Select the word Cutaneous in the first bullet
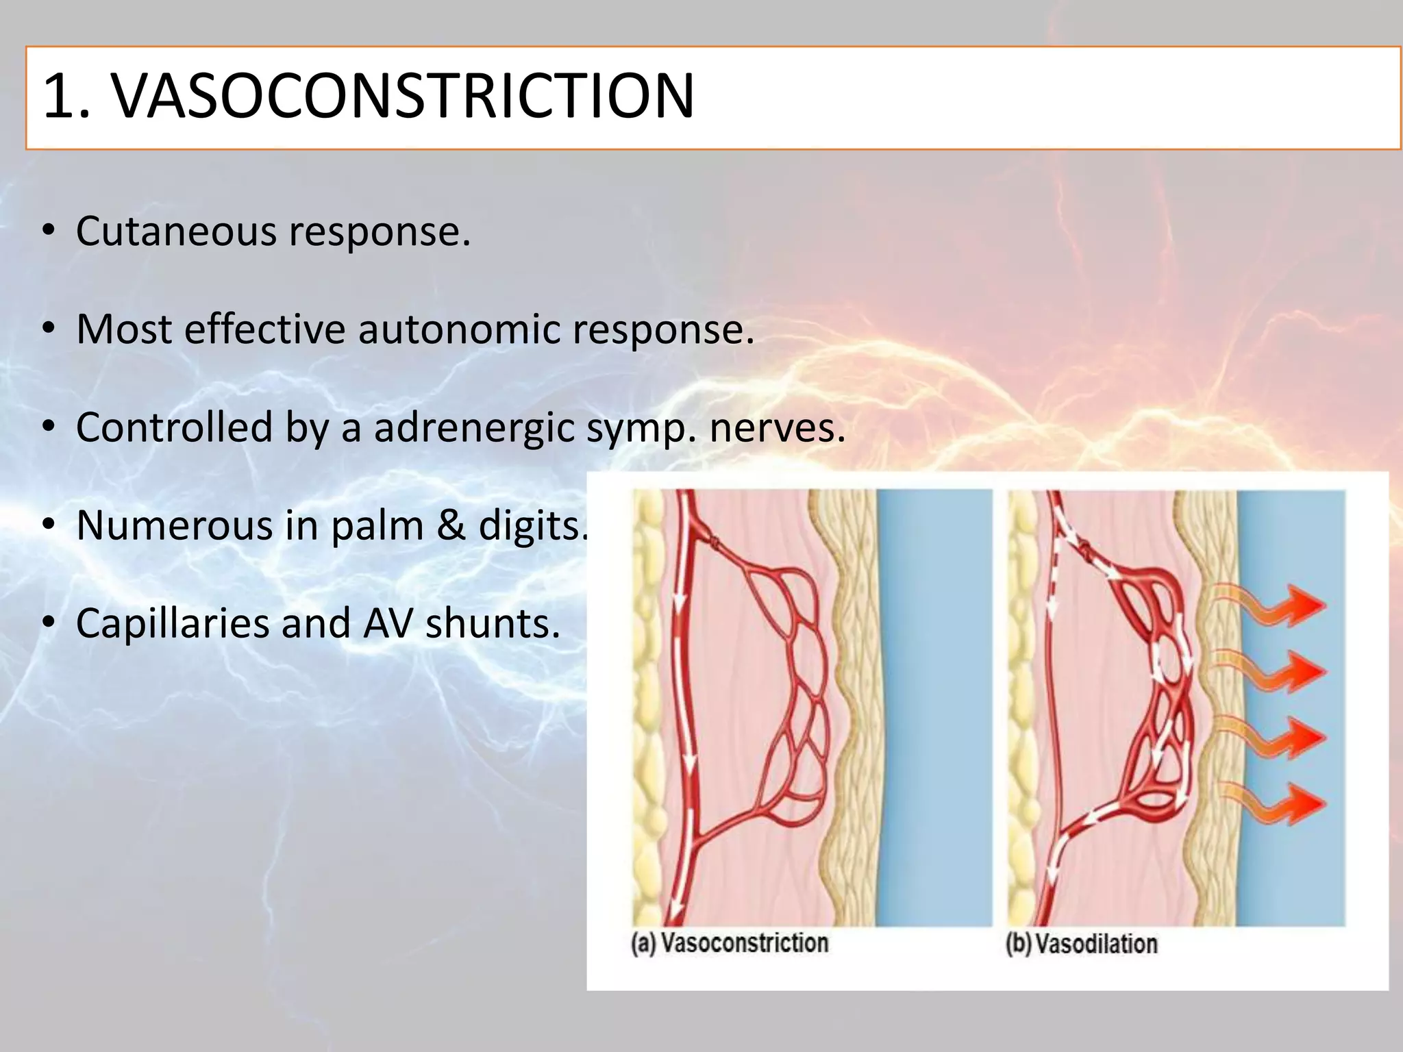(175, 231)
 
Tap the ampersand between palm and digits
(450, 525)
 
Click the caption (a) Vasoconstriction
(729, 943)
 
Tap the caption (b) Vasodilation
(1081, 944)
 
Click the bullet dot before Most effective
(47, 329)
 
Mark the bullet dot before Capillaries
(47, 624)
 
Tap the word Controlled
(174, 428)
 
